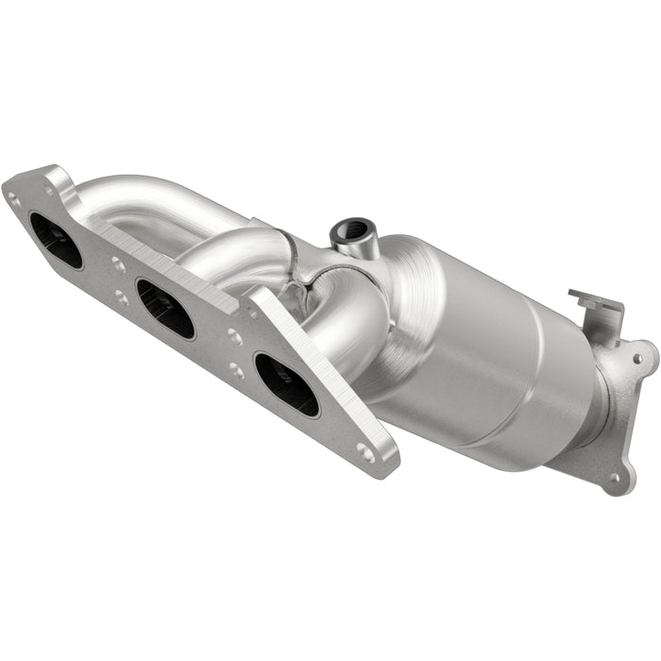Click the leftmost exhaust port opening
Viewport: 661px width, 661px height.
[56, 240]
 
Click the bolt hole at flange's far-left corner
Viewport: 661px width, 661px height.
[13, 199]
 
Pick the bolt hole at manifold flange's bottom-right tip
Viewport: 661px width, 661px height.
[366, 453]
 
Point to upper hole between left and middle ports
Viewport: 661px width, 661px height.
[118, 265]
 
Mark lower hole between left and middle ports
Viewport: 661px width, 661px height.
[122, 297]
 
